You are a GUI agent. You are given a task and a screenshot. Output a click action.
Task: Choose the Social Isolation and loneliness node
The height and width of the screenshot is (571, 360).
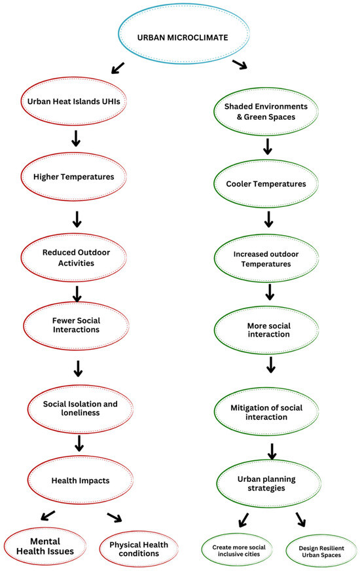[77, 409]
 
